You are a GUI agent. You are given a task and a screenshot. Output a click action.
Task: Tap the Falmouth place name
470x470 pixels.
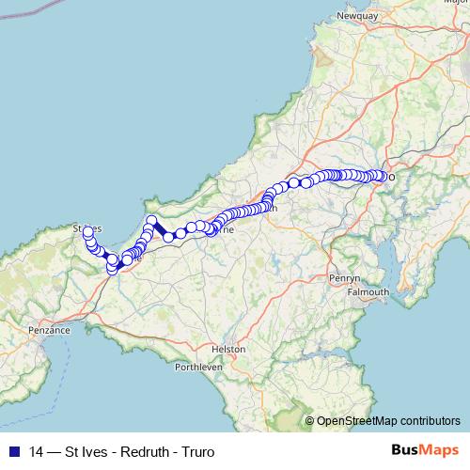(368, 292)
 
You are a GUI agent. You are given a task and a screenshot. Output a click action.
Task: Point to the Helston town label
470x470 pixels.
(228, 348)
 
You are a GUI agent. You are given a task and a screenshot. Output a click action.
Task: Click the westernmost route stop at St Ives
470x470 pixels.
(87, 230)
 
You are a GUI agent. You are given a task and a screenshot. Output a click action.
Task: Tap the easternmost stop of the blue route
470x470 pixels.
(384, 175)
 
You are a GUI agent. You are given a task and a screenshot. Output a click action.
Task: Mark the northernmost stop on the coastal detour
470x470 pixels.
(151, 220)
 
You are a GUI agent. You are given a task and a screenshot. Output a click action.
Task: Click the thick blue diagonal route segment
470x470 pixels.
(161, 229)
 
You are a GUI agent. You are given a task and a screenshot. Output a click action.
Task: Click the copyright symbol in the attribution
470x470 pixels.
(310, 421)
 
